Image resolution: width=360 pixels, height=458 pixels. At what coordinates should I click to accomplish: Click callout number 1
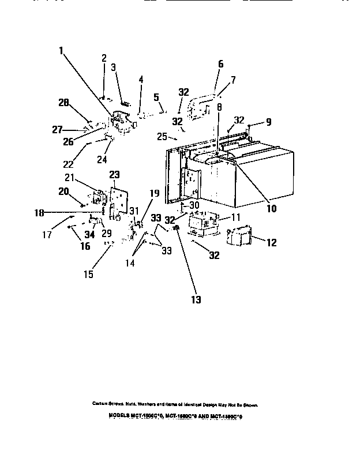(61, 50)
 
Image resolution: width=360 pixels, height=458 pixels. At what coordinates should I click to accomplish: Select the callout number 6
(220, 65)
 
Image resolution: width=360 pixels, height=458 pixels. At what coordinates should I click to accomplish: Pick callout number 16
(85, 246)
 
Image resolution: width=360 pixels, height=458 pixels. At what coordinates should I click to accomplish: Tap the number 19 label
(155, 194)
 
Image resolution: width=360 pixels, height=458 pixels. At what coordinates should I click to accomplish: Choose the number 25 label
(161, 136)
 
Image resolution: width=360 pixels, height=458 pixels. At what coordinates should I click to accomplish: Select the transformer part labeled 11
(202, 224)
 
